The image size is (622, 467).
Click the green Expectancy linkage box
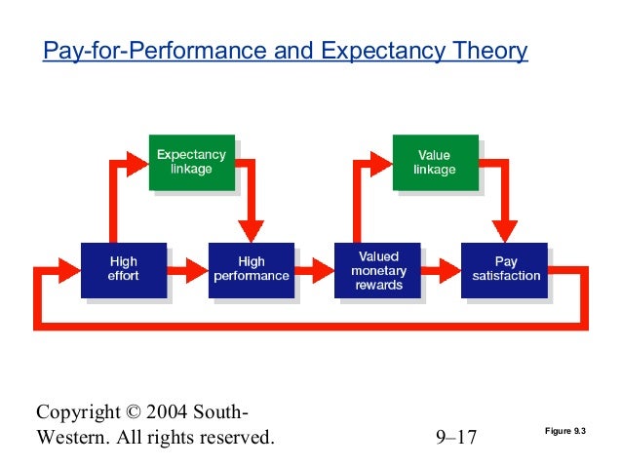coord(191,162)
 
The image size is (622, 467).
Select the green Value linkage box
coord(434,162)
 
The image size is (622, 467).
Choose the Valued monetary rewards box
coord(378,271)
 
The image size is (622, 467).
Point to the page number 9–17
coord(456,437)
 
